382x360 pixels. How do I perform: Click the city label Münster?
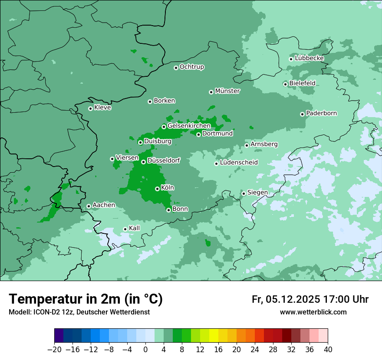[x=227, y=91]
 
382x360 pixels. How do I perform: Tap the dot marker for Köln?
[x=157, y=189]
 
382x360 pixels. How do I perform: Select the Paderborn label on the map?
[x=322, y=113]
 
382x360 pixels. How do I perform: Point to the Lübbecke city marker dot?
[x=291, y=59]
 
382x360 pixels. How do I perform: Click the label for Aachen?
[x=104, y=205]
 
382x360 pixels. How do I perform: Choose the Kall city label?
[x=135, y=228]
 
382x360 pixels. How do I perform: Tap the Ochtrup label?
[x=192, y=67]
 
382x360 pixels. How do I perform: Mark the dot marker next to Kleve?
[x=90, y=108]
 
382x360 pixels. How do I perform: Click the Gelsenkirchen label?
[x=189, y=126]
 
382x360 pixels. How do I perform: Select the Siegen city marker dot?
[x=244, y=193]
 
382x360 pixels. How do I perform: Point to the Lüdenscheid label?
[x=239, y=163]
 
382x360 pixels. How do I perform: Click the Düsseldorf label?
[x=164, y=160]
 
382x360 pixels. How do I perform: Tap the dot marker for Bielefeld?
[x=285, y=84]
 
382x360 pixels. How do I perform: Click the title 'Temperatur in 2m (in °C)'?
[x=86, y=299]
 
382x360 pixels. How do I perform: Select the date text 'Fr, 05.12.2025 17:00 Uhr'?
[x=310, y=299]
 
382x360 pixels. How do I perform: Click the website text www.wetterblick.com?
[x=313, y=312]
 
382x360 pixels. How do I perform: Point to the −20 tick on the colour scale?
[x=54, y=350]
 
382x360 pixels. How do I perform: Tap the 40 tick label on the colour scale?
[x=328, y=350]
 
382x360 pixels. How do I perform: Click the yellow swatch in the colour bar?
[x=214, y=336]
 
